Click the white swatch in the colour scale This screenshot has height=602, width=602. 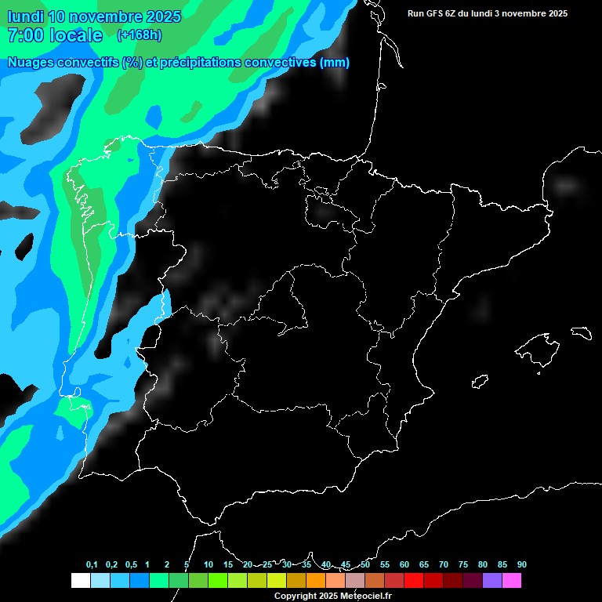click(x=80, y=581)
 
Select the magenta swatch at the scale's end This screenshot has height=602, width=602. click(x=512, y=581)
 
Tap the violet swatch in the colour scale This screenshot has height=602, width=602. click(x=492, y=581)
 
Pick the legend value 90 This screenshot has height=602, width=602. click(x=522, y=564)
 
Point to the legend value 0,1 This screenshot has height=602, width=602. click(x=92, y=564)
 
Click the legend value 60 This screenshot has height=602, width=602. click(x=404, y=564)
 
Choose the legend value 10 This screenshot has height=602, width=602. click(x=209, y=564)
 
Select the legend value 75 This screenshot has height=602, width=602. click(x=463, y=564)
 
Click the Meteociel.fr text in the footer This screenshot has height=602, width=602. click(x=367, y=597)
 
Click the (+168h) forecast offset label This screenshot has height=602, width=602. click(x=139, y=34)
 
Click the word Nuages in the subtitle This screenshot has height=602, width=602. click(x=31, y=63)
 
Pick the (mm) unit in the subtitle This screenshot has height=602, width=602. click(x=335, y=63)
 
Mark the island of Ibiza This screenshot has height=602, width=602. click(x=481, y=382)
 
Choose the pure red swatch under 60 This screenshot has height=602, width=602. click(x=414, y=581)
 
